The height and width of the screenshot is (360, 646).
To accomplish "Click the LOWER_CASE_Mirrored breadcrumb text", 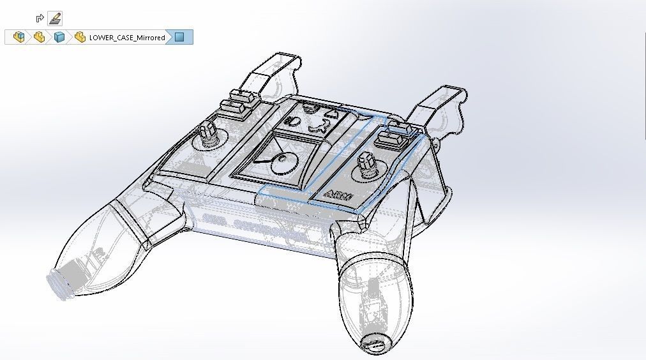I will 126,38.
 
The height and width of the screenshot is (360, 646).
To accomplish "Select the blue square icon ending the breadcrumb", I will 179,38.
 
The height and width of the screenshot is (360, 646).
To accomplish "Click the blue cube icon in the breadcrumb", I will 59,38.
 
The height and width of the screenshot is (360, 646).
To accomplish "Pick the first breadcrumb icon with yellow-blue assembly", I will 19,38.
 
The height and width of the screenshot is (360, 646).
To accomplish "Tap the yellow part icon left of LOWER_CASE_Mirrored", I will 80,38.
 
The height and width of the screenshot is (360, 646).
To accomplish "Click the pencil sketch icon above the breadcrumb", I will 55,18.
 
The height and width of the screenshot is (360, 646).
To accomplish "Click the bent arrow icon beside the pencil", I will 40,19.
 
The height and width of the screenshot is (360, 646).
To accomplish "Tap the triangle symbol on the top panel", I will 331,115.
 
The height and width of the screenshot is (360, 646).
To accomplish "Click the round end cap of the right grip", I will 373,345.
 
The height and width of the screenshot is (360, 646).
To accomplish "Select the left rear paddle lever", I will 276,73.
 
